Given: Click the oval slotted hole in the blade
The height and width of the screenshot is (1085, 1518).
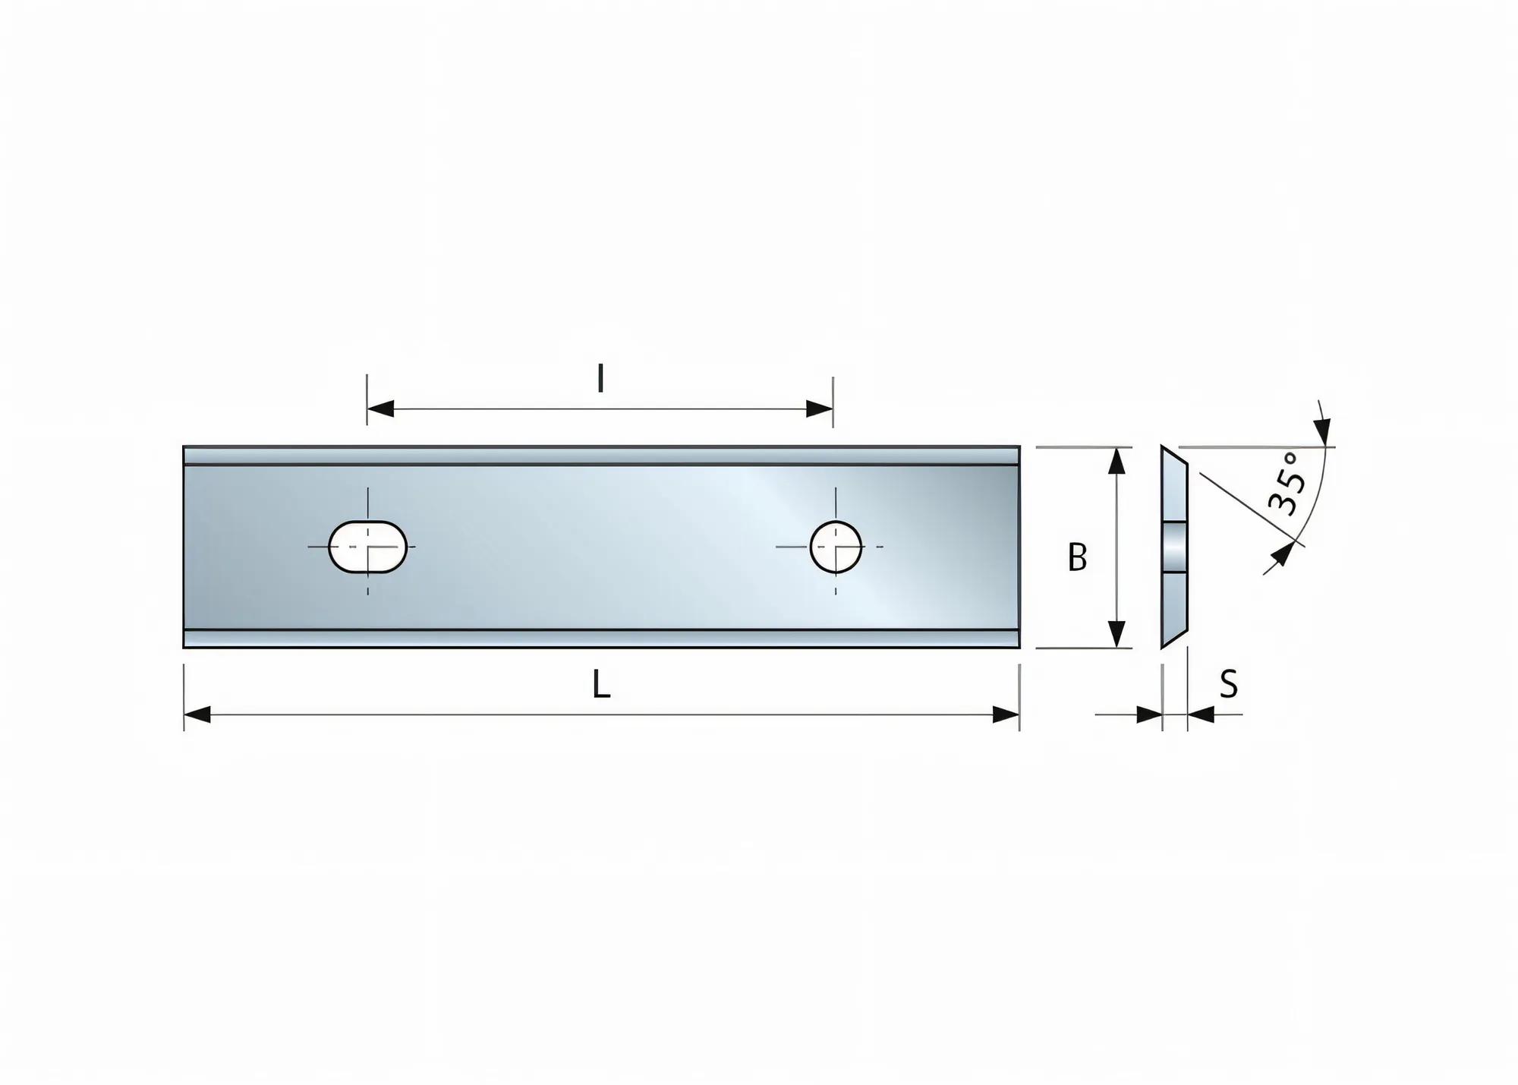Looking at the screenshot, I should (x=367, y=546).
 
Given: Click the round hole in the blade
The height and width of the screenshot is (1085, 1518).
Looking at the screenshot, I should (x=836, y=546).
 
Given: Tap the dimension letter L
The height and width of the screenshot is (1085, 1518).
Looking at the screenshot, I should (x=601, y=686).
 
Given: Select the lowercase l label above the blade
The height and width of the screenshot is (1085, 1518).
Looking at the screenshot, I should (x=600, y=377).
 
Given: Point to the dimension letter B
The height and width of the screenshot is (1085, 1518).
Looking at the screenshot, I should (x=1077, y=557).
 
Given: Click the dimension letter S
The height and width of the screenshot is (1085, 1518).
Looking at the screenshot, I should (x=1229, y=684).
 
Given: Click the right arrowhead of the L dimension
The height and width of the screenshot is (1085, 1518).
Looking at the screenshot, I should (x=1006, y=714).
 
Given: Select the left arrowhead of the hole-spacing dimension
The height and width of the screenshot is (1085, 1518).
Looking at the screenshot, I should (x=380, y=409).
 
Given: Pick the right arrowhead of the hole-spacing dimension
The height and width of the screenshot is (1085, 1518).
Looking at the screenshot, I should (x=820, y=409).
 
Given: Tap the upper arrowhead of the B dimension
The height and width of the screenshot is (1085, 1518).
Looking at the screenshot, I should (x=1116, y=461).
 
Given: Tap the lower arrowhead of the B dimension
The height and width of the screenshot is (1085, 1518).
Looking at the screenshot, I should (x=1116, y=634).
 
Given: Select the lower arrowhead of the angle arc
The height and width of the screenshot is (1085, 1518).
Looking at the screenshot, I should (x=1281, y=554).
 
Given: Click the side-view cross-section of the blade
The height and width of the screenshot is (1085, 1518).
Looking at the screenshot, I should (x=1174, y=547).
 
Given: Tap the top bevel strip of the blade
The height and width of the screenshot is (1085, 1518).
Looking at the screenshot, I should (x=601, y=456).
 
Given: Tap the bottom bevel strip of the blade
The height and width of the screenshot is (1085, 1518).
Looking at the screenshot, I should (x=601, y=639).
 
